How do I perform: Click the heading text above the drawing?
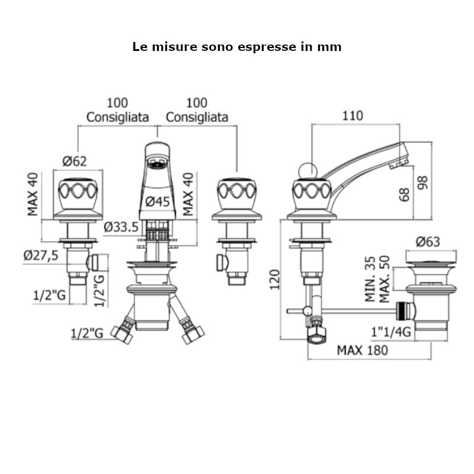[x=237, y=47]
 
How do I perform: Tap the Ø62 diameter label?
[x=75, y=161]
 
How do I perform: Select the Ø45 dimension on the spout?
[x=158, y=201]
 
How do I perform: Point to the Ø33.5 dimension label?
[x=121, y=227]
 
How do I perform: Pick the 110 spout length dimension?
[x=353, y=116]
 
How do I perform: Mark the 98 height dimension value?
[x=422, y=182]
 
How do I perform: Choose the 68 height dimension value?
[x=405, y=194]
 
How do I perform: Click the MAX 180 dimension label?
[x=363, y=350]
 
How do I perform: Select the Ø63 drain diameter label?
[x=427, y=241]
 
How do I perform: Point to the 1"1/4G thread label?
[x=392, y=333]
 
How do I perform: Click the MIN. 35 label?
[x=370, y=280]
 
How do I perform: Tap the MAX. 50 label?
[x=385, y=280]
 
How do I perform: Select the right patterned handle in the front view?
[x=237, y=191]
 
